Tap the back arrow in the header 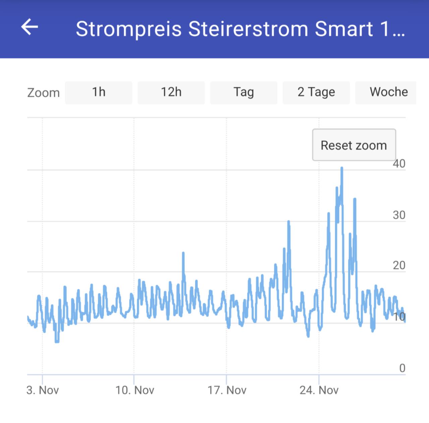[29, 27]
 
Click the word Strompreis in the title [129, 29]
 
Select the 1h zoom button [99, 92]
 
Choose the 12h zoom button [171, 92]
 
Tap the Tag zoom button [244, 92]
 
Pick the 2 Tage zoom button [316, 92]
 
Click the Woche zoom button [388, 92]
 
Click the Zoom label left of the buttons [43, 93]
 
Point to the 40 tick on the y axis [399, 164]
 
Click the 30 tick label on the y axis [399, 215]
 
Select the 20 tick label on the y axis [399, 266]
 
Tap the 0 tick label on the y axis [402, 368]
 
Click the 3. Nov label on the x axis [43, 390]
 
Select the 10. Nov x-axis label [135, 390]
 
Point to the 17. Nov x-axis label [227, 390]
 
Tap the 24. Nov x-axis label [319, 390]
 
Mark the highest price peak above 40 [342, 168]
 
